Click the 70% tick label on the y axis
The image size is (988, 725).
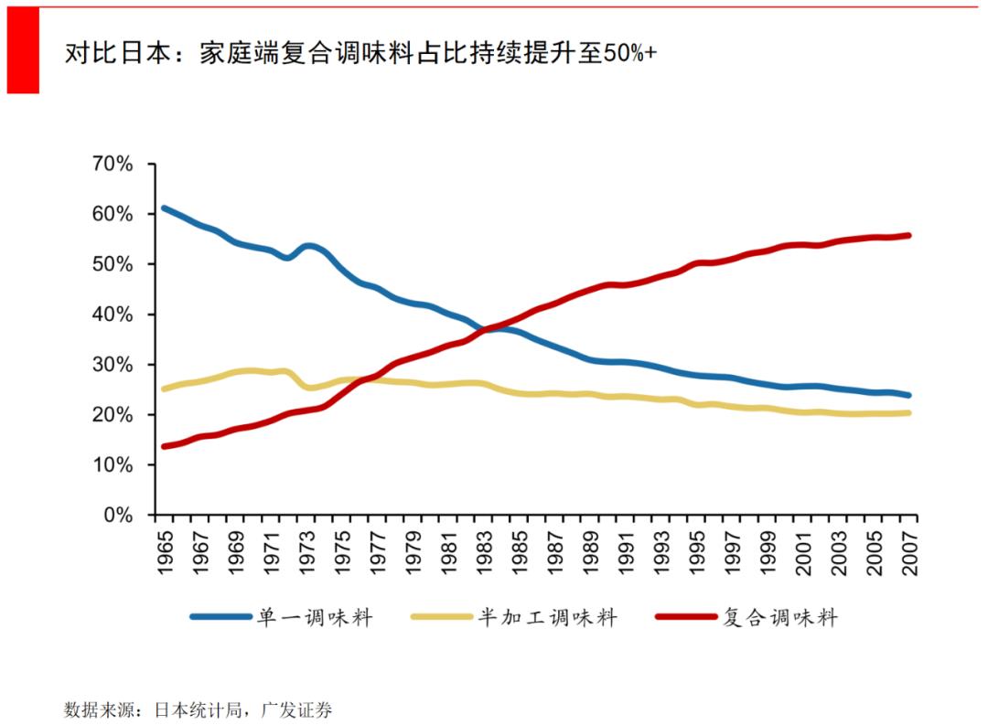(x=113, y=165)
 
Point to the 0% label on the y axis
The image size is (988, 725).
(x=118, y=516)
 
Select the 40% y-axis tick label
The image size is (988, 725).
(x=113, y=315)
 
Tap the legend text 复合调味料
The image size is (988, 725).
(x=779, y=617)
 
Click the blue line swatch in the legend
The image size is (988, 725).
(x=220, y=617)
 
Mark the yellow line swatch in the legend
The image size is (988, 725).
(x=441, y=617)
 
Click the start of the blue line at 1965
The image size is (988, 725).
(x=164, y=208)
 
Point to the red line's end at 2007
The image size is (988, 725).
(x=908, y=235)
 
